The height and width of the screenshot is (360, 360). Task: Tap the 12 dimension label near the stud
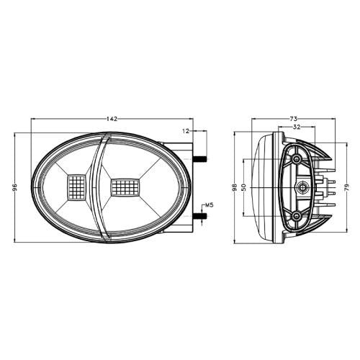[x=186, y=130]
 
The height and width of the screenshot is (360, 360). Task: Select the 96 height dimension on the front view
[x=14, y=187]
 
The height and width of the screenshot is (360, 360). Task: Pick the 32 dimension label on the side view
[x=297, y=127]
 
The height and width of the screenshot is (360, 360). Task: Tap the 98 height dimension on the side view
[x=235, y=187]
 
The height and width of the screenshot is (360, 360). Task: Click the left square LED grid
[x=76, y=187]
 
